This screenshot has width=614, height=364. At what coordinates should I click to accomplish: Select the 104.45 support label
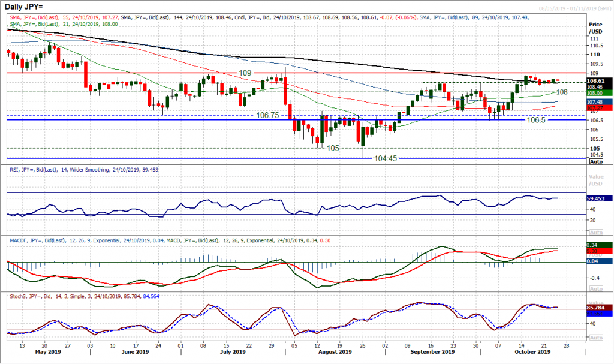[x=382, y=158]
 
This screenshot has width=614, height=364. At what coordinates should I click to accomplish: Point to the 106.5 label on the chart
[x=537, y=120]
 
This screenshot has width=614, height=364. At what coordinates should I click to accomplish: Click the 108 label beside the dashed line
[x=562, y=92]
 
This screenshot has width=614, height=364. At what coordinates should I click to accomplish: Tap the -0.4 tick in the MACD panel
[x=596, y=278]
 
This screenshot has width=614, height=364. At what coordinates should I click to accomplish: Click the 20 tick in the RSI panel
[x=594, y=220]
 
